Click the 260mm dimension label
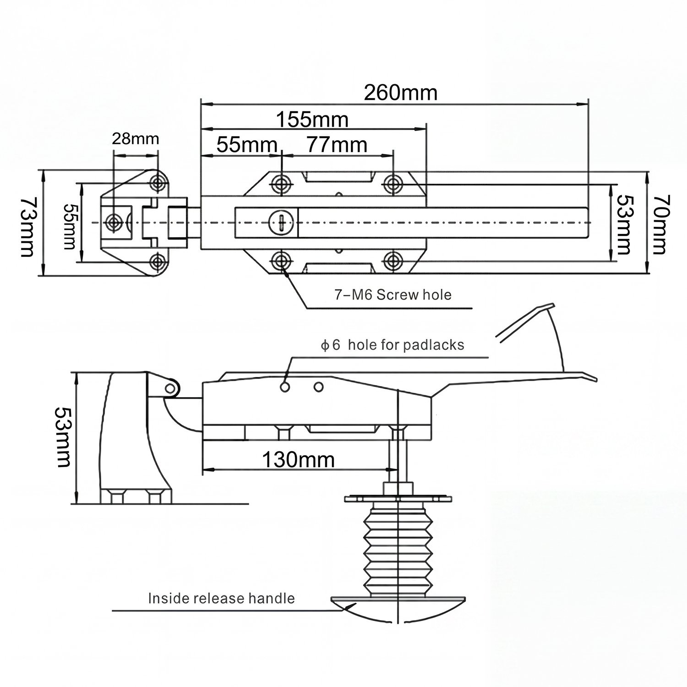click(x=401, y=93)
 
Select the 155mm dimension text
click(x=312, y=120)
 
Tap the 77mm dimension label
click(x=337, y=145)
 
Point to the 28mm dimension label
click(x=136, y=138)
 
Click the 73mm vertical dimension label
click(x=27, y=227)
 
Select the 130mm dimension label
click(x=298, y=459)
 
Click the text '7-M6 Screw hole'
click(x=393, y=294)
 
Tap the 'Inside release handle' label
click(x=221, y=598)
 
